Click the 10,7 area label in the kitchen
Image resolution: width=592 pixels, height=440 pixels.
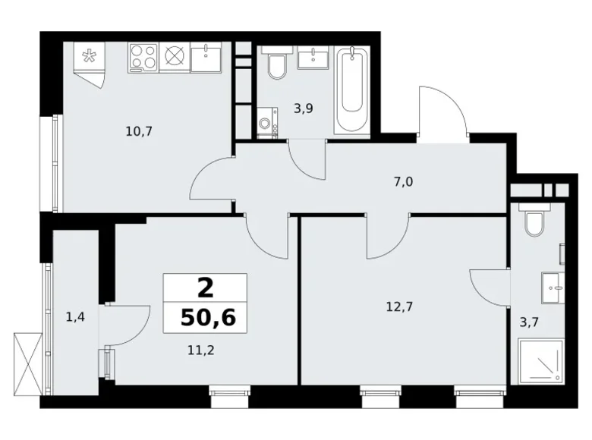pyautogui.click(x=140, y=130)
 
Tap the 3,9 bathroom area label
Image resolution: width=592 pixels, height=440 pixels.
pyautogui.click(x=304, y=108)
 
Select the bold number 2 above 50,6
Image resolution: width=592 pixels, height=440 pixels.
pyautogui.click(x=205, y=288)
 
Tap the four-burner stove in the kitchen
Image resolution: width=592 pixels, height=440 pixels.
pyautogui.click(x=144, y=56)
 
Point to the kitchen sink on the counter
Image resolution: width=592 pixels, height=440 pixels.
pyautogui.click(x=205, y=57)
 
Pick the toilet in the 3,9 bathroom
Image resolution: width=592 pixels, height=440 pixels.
pyautogui.click(x=276, y=64)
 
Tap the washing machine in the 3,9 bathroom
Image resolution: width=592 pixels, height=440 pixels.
pyautogui.click(x=267, y=124)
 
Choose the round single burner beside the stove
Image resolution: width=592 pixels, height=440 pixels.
pyautogui.click(x=175, y=56)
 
